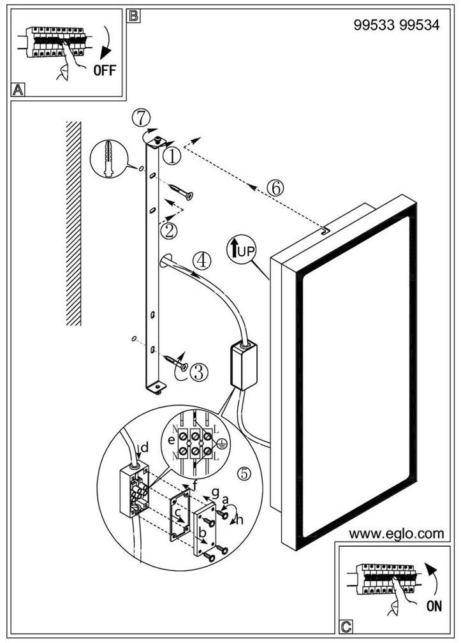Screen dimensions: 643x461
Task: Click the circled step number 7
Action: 142,118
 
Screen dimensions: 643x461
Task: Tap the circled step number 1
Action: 172,155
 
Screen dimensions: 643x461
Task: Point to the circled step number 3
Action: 199,371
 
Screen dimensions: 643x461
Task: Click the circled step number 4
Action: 201,260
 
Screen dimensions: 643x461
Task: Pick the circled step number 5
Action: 243,474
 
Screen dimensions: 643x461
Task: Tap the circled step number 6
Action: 275,188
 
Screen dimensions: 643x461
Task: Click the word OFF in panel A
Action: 105,70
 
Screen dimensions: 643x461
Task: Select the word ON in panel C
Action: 434,606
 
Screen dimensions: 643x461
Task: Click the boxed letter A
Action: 18,89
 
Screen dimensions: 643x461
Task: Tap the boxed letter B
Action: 133,16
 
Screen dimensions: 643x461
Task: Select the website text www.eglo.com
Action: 396,534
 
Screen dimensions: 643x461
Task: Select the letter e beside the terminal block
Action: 170,441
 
